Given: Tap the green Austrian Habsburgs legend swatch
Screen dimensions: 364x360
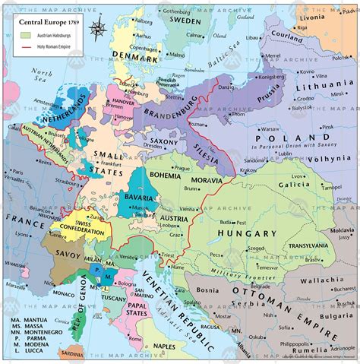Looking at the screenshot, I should click(25, 35).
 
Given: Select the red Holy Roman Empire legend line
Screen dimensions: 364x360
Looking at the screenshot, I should click(25, 47).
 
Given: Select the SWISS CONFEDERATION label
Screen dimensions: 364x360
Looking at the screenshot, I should click(84, 212).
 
